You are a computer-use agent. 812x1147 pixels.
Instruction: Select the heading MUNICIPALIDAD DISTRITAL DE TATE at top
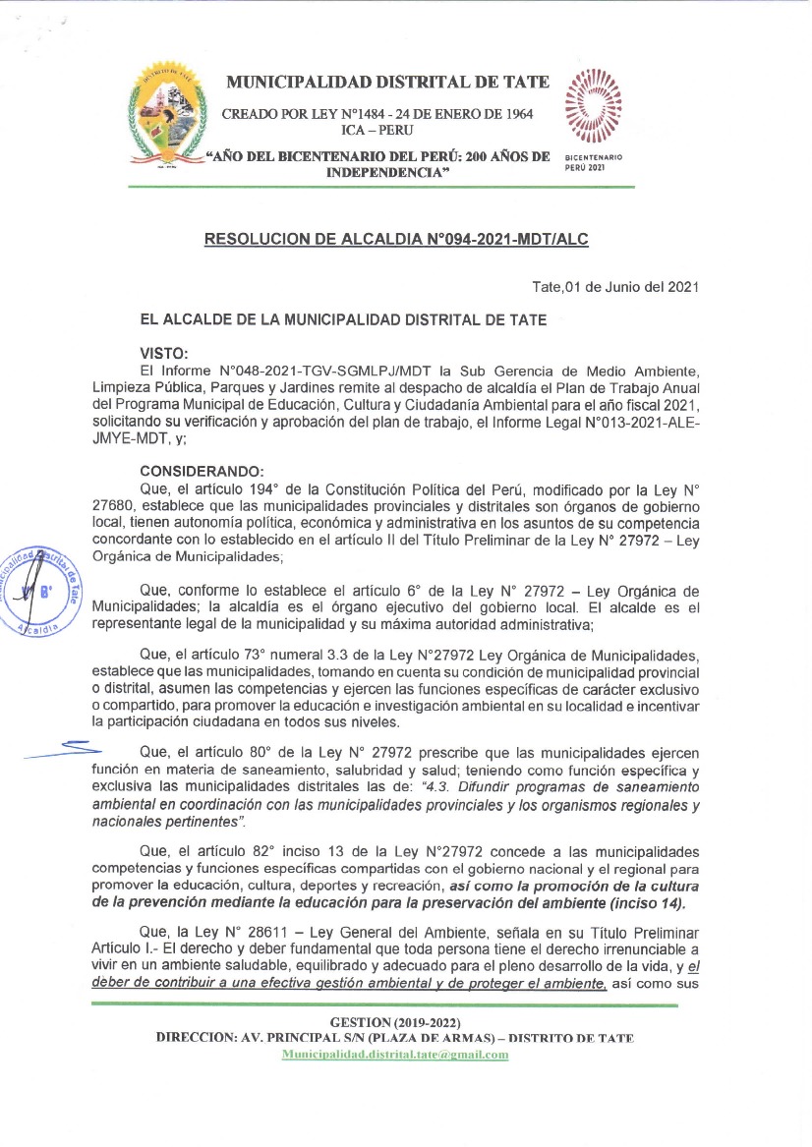pyautogui.click(x=388, y=82)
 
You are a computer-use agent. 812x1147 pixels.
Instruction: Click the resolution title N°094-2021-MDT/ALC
pyautogui.click(x=396, y=238)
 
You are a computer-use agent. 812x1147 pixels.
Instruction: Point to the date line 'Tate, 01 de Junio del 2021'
pyautogui.click(x=614, y=287)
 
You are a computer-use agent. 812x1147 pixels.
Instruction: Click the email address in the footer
pyautogui.click(x=395, y=1055)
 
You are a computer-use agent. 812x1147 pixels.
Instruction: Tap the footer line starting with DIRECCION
pyautogui.click(x=394, y=1039)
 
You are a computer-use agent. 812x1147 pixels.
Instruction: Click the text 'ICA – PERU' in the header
pyautogui.click(x=377, y=131)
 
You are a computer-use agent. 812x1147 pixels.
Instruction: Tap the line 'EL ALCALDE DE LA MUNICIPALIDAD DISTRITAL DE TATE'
pyautogui.click(x=343, y=319)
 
